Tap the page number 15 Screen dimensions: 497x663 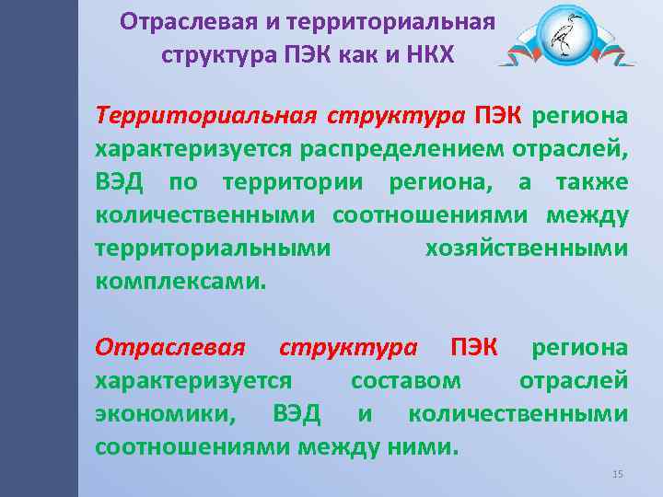(x=618, y=473)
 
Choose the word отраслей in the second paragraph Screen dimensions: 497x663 (x=574, y=380)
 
